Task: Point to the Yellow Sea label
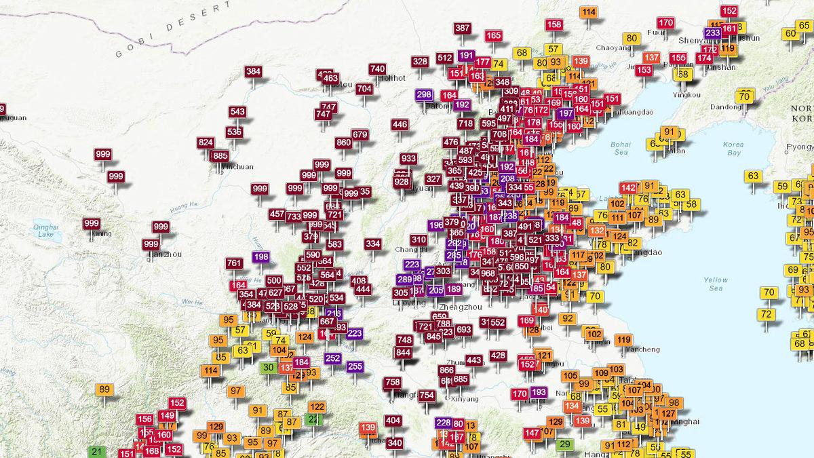715,284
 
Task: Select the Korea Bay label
733,149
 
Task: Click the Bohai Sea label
620,149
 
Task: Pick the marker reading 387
463,28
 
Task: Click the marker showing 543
237,112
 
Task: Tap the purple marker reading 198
261,257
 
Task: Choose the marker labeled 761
234,263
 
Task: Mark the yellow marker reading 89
104,389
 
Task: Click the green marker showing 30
269,367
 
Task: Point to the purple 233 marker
713,33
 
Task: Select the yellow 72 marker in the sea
767,314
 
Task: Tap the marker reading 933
408,159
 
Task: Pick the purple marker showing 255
355,366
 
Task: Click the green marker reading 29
564,444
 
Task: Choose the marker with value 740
378,69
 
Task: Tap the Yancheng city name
641,349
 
